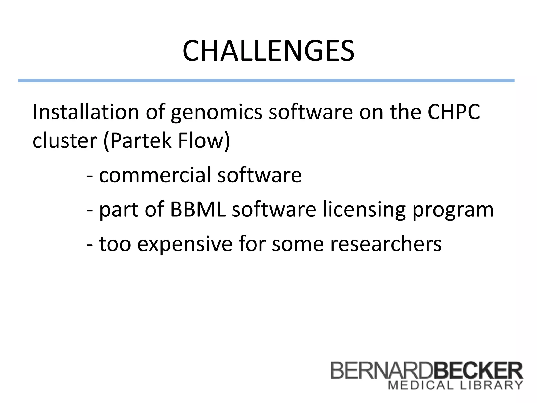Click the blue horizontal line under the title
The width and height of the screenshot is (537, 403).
tap(266, 81)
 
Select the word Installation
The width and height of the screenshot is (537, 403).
tap(85, 112)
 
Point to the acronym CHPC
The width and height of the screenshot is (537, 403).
tap(453, 112)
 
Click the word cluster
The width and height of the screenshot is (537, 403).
tap(65, 141)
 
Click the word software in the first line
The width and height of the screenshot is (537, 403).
tap(311, 112)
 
